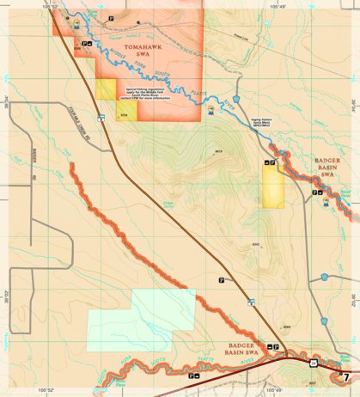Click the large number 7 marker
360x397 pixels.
point(346,376)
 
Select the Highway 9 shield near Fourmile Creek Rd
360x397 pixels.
point(101,117)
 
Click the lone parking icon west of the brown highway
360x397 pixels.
point(221,280)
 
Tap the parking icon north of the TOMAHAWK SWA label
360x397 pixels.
point(112,17)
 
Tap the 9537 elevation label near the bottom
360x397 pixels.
point(313,382)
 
